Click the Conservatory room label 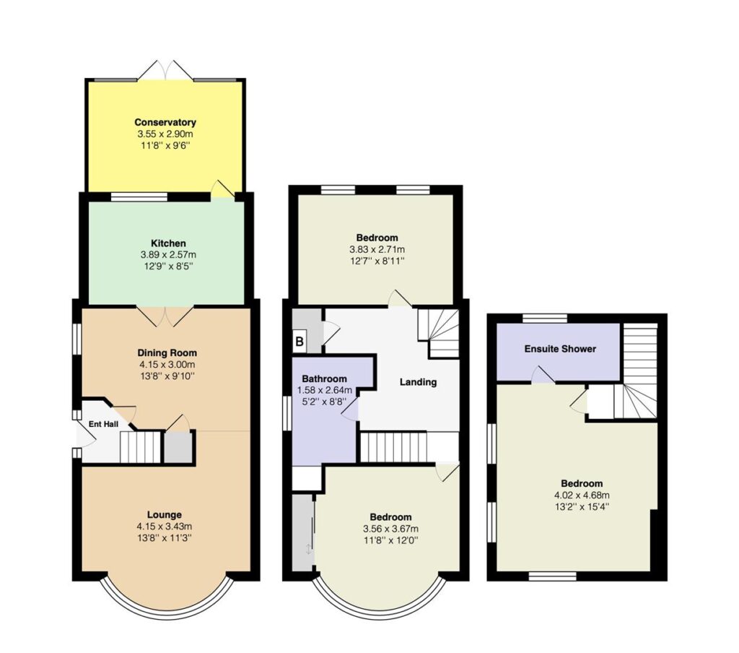click(x=165, y=122)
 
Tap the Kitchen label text click(x=168, y=243)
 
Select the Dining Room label click(x=167, y=353)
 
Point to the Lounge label click(x=164, y=515)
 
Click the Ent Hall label click(x=104, y=424)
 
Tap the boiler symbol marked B click(x=299, y=341)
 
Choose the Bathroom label click(x=324, y=379)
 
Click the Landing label click(x=418, y=382)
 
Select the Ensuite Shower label click(x=560, y=349)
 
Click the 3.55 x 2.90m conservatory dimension click(x=165, y=134)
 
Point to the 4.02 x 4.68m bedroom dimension click(x=582, y=496)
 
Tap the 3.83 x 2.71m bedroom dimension click(x=377, y=250)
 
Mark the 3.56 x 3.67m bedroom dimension click(x=390, y=529)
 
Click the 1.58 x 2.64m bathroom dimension click(x=325, y=391)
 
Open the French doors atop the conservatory click(x=165, y=70)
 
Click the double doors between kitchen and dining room click(x=165, y=316)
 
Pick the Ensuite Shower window click(x=545, y=319)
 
